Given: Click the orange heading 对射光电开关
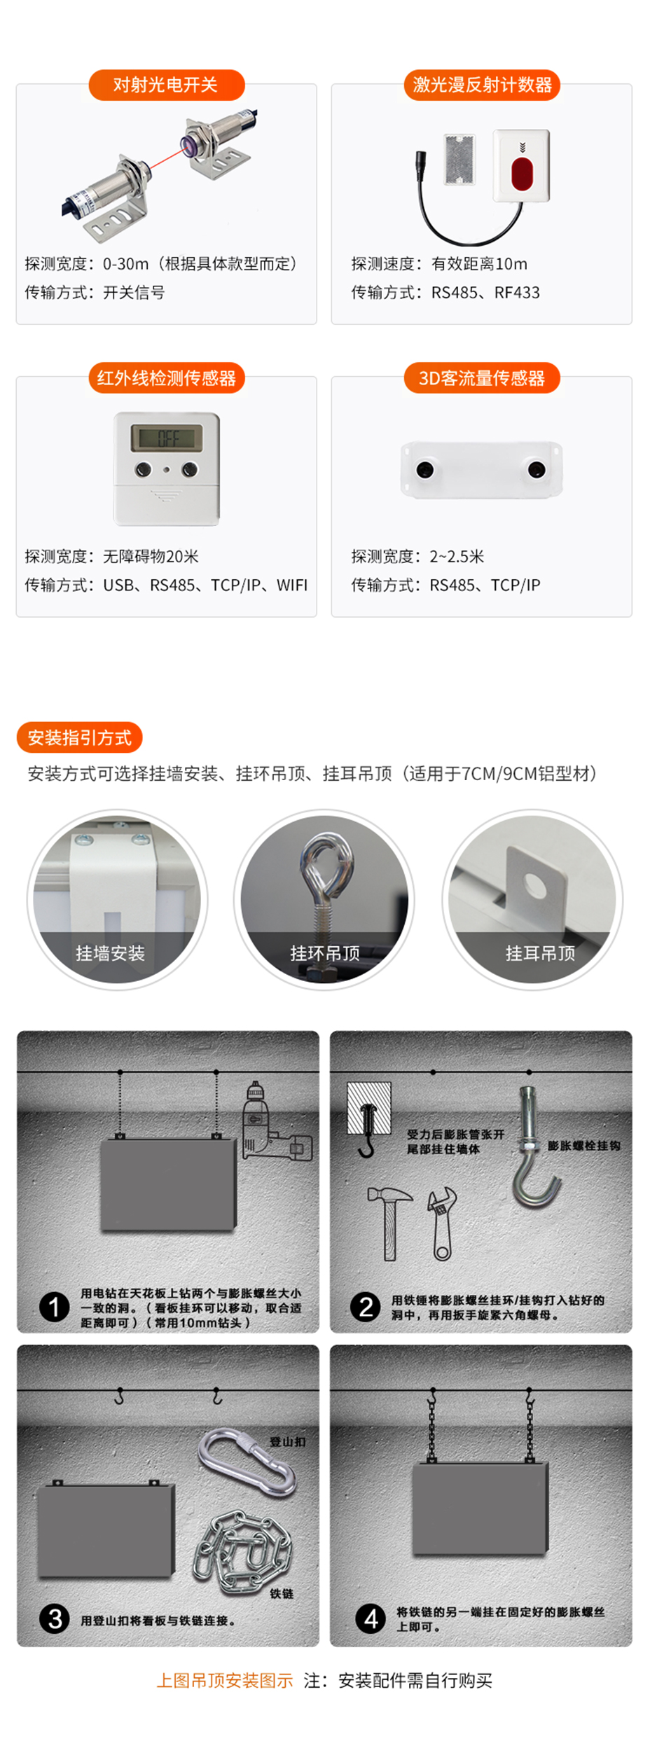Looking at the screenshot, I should coord(166,85).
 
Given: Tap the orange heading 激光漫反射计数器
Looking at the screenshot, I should coord(482,85).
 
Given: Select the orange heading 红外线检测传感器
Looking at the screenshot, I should coord(166,378).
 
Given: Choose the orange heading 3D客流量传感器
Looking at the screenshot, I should coord(482,378).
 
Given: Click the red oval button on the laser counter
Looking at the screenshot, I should coord(522,174).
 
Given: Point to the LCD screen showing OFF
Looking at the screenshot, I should coord(167,438).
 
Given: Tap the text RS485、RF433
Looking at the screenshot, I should coord(485,293).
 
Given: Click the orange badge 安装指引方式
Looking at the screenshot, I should coord(79,737).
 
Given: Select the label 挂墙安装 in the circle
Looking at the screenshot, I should coord(110,953).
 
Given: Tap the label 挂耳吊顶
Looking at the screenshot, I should coord(540,953).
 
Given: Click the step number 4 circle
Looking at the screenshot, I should coord(371,1619).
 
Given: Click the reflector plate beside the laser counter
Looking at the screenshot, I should coord(459,159).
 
